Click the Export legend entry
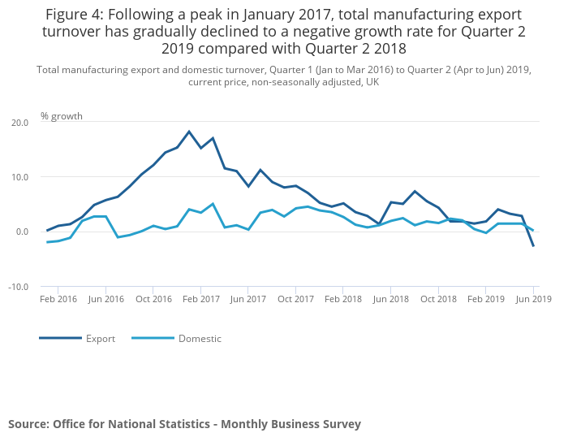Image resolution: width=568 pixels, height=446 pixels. pos(101,338)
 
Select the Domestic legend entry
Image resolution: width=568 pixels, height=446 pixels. pos(200,338)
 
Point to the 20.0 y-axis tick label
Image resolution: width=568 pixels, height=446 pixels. pos(19,123)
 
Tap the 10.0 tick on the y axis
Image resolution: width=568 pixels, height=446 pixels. pos(19,177)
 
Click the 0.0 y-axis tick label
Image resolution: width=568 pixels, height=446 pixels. pos(21,232)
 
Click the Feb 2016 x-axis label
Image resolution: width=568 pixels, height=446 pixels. pos(58,299)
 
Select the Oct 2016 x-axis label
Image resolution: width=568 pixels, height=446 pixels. pos(153,299)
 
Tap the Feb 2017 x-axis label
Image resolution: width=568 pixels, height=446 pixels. pos(200,299)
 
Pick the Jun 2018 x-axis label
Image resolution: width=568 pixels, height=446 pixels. pos(391,299)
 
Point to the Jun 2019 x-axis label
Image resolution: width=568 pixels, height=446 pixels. pos(533,299)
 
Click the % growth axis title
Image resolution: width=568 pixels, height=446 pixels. pos(62,116)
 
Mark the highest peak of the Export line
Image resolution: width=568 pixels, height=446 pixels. pos(189,132)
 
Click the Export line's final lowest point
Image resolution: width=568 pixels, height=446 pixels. pos(533,246)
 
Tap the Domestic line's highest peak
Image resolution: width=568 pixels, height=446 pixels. pos(213,204)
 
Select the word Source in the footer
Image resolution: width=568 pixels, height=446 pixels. pos(28,424)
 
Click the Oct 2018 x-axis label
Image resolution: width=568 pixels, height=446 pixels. pos(438,299)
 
